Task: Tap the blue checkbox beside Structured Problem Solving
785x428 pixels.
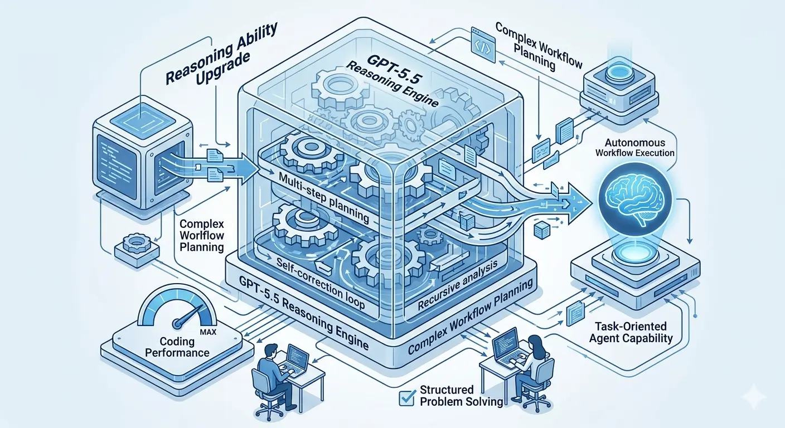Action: coord(406,397)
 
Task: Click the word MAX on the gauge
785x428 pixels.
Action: coord(211,332)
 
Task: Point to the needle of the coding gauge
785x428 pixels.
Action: coord(181,323)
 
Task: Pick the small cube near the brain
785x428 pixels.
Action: coord(540,230)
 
